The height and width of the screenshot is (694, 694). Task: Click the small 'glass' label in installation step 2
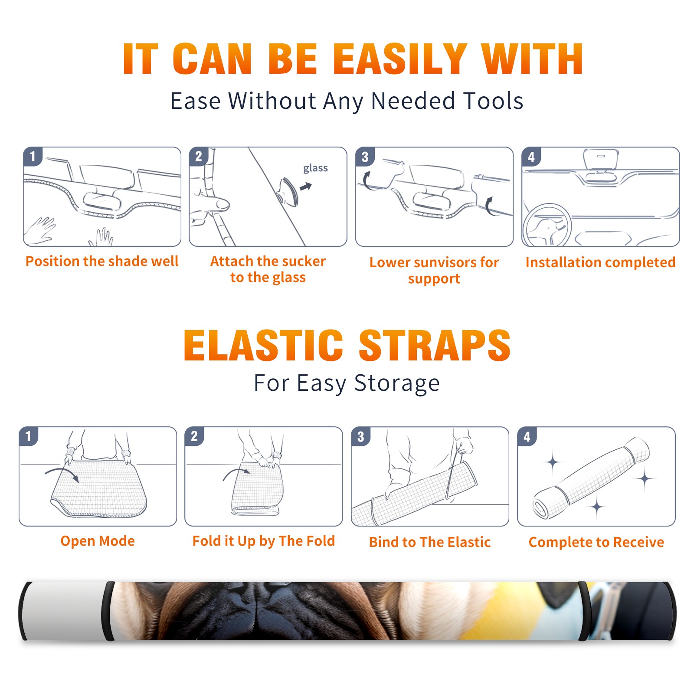[315, 168]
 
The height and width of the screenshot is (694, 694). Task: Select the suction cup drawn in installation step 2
[288, 191]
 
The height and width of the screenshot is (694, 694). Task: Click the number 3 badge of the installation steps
[365, 157]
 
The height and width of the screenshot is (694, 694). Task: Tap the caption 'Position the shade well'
[102, 261]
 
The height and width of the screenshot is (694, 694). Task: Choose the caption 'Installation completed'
[600, 262]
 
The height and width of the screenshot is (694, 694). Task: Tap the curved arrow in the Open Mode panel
[62, 473]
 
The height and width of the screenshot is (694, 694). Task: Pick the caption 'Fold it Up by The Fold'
[264, 541]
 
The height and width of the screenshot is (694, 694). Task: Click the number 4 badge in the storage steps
[527, 436]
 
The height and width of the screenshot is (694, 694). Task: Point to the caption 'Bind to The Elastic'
[430, 542]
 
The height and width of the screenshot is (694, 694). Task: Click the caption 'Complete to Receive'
[596, 542]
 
